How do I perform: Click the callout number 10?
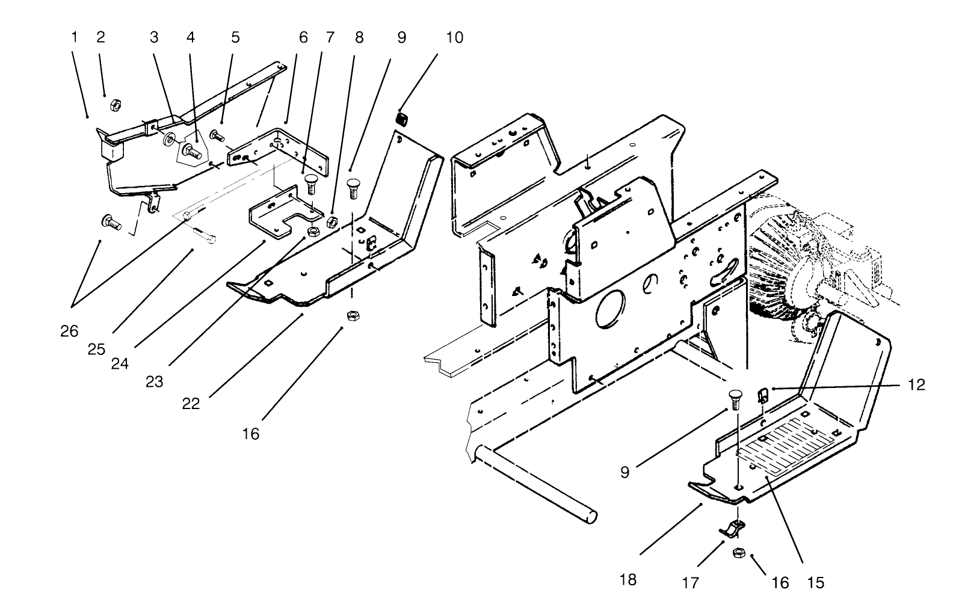(x=454, y=37)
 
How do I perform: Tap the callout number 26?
(x=69, y=331)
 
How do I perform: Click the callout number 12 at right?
(x=916, y=385)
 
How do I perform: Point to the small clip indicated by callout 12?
(x=762, y=395)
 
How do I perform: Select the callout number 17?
(x=691, y=582)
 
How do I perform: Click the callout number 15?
(x=816, y=582)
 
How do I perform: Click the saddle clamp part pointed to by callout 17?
(x=732, y=529)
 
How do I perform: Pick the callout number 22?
(x=191, y=403)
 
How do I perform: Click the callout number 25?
(x=96, y=349)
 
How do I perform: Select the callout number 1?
(x=75, y=37)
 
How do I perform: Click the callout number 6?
(x=303, y=37)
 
